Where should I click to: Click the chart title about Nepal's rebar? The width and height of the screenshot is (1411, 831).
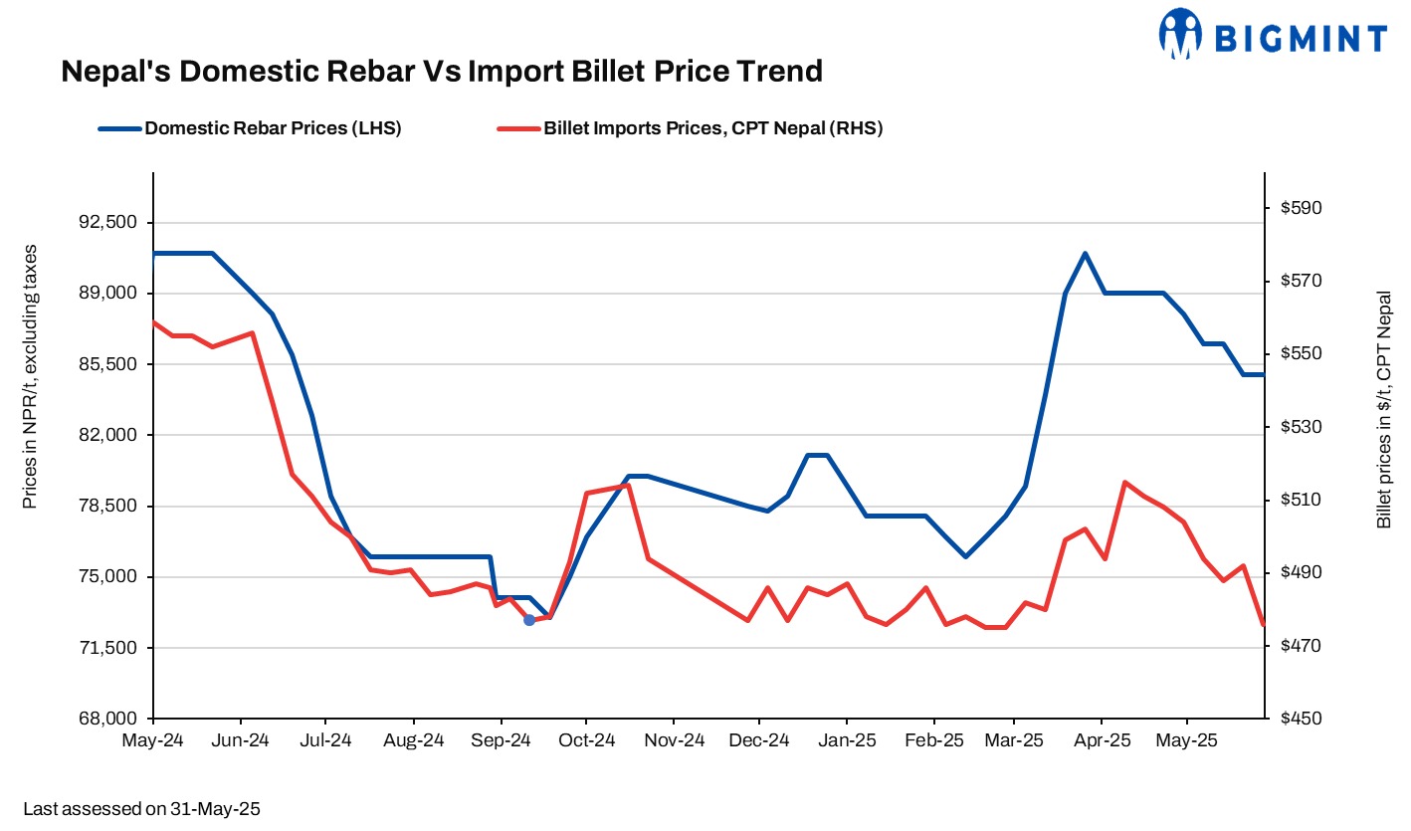pos(442,72)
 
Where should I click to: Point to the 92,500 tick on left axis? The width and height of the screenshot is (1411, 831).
pos(108,222)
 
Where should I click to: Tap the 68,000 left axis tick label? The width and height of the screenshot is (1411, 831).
pos(108,719)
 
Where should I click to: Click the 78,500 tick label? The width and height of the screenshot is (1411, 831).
pos(108,506)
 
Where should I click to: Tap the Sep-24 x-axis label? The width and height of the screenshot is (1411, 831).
pos(501,740)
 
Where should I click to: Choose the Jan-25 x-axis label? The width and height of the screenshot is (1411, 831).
pos(846,740)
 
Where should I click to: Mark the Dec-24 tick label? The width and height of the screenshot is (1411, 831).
pos(759,740)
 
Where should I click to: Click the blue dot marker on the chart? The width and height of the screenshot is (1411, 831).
pos(529,620)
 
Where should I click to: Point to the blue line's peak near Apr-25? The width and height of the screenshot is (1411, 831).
pos(1085,254)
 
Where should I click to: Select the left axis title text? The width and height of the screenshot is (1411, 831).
pos(30,376)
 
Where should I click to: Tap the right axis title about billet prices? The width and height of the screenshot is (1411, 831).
pos(1384,410)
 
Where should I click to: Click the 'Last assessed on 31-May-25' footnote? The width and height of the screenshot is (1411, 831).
pos(141,809)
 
